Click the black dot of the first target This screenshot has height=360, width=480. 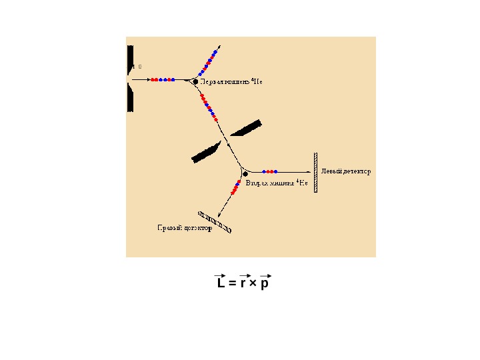click(195, 81)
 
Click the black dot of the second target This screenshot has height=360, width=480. click(245, 174)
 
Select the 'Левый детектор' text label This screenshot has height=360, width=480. click(346, 171)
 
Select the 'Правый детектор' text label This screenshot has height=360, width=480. click(185, 228)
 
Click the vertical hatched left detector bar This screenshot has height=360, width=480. click(316, 172)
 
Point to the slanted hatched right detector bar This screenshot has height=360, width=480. click(215, 222)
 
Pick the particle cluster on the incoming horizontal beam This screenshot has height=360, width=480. click(163, 80)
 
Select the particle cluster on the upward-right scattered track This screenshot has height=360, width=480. click(209, 62)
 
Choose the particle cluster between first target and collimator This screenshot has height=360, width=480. click(207, 105)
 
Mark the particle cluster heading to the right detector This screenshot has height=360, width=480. click(235, 188)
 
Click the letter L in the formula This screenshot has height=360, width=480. click(221, 284)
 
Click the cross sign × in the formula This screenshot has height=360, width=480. click(253, 284)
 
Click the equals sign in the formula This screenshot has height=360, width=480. click(232, 284)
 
